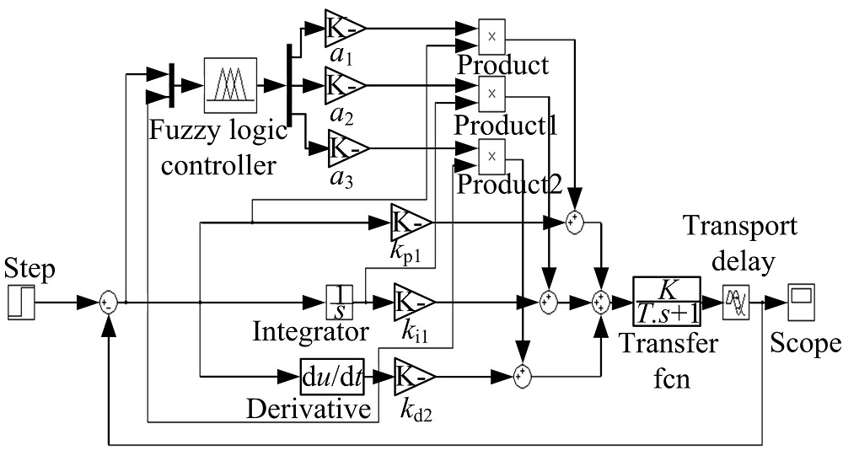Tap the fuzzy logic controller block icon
(x=230, y=85)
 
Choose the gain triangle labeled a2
(x=344, y=84)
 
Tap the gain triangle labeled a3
(x=344, y=148)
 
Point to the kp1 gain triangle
(x=411, y=222)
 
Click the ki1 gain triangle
(x=411, y=301)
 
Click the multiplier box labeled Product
(x=491, y=34)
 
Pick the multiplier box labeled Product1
(x=491, y=91)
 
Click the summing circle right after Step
(x=108, y=302)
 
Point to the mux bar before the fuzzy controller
(x=171, y=85)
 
